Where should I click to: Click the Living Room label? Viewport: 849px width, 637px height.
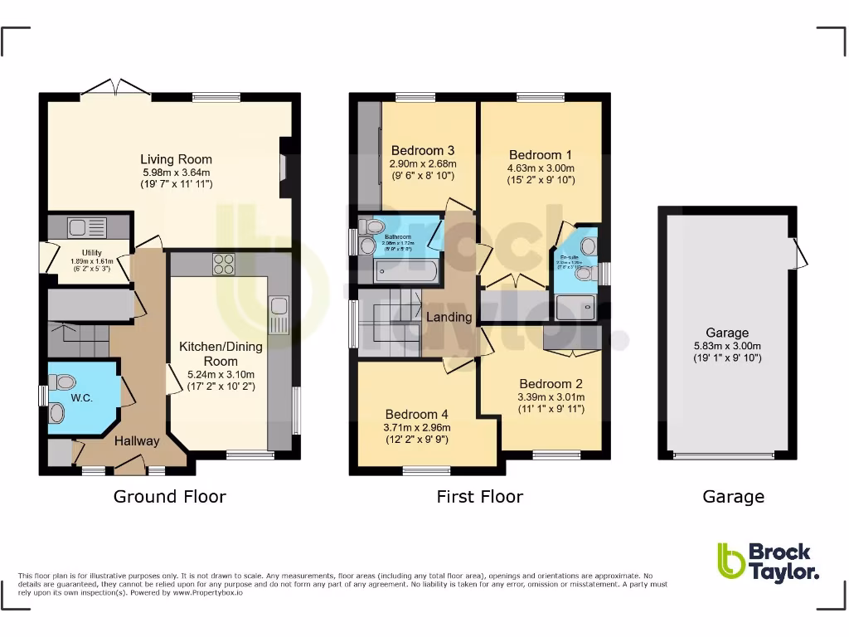click(x=176, y=159)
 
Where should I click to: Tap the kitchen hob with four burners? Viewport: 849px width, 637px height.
click(x=224, y=264)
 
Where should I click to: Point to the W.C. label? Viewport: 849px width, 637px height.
click(x=81, y=397)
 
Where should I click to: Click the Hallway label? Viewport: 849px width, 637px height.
click(x=136, y=440)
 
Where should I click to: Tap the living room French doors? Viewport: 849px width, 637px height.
click(x=115, y=87)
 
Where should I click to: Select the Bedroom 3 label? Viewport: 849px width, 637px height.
click(x=422, y=150)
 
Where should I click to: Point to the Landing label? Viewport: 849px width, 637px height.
click(x=449, y=317)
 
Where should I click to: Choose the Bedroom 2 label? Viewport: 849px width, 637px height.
click(x=551, y=384)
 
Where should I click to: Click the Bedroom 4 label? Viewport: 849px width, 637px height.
click(x=416, y=414)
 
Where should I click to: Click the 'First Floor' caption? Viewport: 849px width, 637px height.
click(x=479, y=497)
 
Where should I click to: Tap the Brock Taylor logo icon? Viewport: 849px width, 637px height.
click(x=730, y=562)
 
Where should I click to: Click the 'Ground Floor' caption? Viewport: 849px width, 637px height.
click(x=169, y=497)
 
